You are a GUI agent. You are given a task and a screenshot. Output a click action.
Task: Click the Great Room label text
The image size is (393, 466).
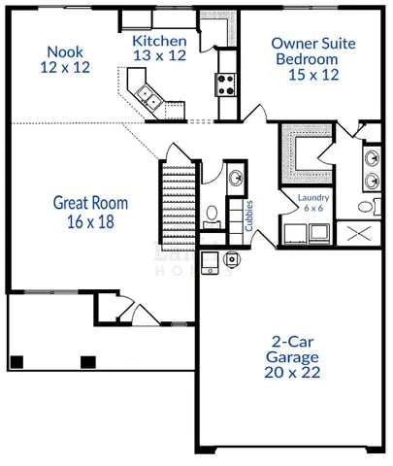(x=90, y=203)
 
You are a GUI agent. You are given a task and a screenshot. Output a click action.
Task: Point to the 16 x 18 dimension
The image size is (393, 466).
(x=90, y=221)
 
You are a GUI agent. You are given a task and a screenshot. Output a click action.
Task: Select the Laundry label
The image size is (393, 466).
(x=314, y=198)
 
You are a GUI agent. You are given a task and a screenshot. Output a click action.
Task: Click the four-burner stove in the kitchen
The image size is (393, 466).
(x=226, y=83)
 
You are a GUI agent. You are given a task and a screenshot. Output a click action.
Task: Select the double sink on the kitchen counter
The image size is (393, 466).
(x=148, y=95)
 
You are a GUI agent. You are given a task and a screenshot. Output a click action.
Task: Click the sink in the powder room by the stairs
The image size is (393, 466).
(x=236, y=178)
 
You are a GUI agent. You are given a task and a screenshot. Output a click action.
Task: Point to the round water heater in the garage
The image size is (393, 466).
(x=232, y=259)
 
